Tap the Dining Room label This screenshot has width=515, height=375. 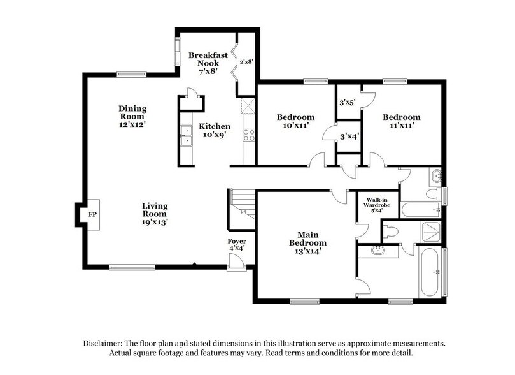[x=132, y=113]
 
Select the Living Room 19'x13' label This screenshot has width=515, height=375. [x=155, y=214]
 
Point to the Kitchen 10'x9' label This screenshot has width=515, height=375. [x=214, y=130]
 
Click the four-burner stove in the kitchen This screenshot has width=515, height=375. [x=249, y=135]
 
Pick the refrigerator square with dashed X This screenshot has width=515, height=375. [x=248, y=106]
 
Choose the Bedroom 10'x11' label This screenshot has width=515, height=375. [x=295, y=122]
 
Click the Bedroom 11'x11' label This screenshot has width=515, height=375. [x=401, y=122]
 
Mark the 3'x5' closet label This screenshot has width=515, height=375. [x=347, y=102]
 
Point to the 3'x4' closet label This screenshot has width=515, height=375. [x=349, y=136]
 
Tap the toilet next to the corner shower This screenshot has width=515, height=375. [x=391, y=230]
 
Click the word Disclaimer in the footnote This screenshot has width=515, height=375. [x=106, y=342]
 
